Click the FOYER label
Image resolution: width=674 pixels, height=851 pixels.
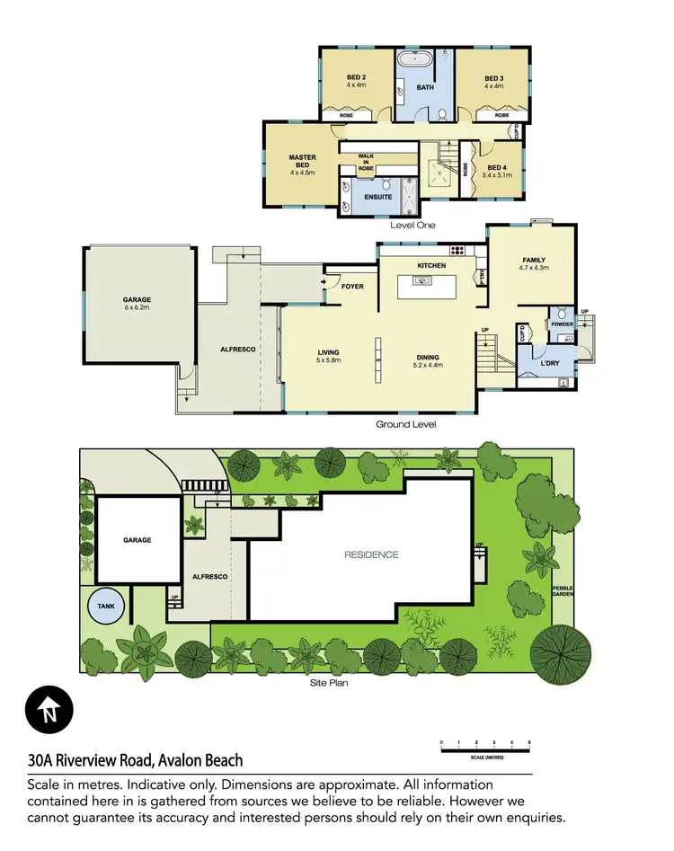pyautogui.click(x=351, y=287)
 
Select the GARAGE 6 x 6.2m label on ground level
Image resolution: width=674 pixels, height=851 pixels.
pyautogui.click(x=137, y=304)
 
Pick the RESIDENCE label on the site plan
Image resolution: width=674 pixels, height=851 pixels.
pyautogui.click(x=371, y=554)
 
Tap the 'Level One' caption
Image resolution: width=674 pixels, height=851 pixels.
pyautogui.click(x=412, y=225)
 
